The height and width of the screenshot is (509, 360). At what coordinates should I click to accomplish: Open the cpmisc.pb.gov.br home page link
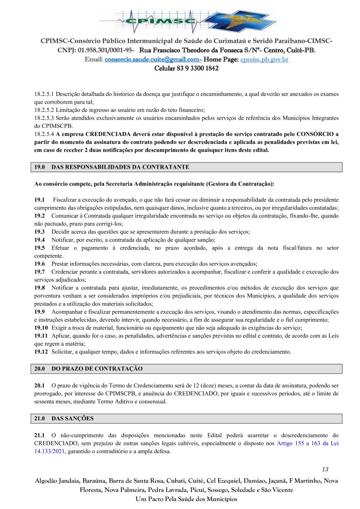(x=264, y=60)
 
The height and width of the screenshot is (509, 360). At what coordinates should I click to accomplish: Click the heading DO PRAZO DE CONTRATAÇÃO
(x=97, y=369)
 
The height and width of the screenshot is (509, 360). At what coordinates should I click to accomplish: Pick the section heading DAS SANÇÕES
(x=72, y=418)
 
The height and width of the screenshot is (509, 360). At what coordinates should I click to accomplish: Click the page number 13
(x=325, y=469)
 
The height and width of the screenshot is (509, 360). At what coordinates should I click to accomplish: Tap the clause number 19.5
(x=39, y=248)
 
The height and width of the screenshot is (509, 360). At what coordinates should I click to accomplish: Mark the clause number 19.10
(x=41, y=328)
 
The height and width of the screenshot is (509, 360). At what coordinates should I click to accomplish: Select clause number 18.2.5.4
(x=44, y=134)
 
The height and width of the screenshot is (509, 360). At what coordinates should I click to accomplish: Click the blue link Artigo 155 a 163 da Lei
(x=308, y=443)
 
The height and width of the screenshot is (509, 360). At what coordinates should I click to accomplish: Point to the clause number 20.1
(x=39, y=386)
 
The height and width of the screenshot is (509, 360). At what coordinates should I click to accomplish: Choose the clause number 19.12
(x=41, y=352)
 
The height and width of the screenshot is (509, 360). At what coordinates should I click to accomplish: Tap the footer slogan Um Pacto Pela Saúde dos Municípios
(x=186, y=499)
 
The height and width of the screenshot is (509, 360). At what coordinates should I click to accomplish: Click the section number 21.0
(x=39, y=418)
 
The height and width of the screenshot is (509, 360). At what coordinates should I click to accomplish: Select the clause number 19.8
(x=39, y=288)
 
